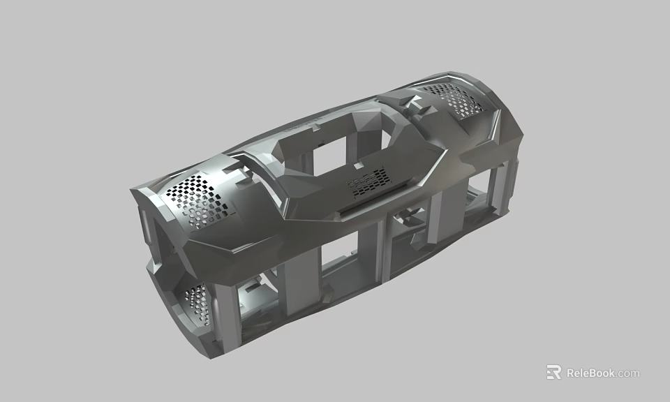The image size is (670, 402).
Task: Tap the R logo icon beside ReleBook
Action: point(553,372)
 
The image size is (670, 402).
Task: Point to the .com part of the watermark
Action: point(628,373)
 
